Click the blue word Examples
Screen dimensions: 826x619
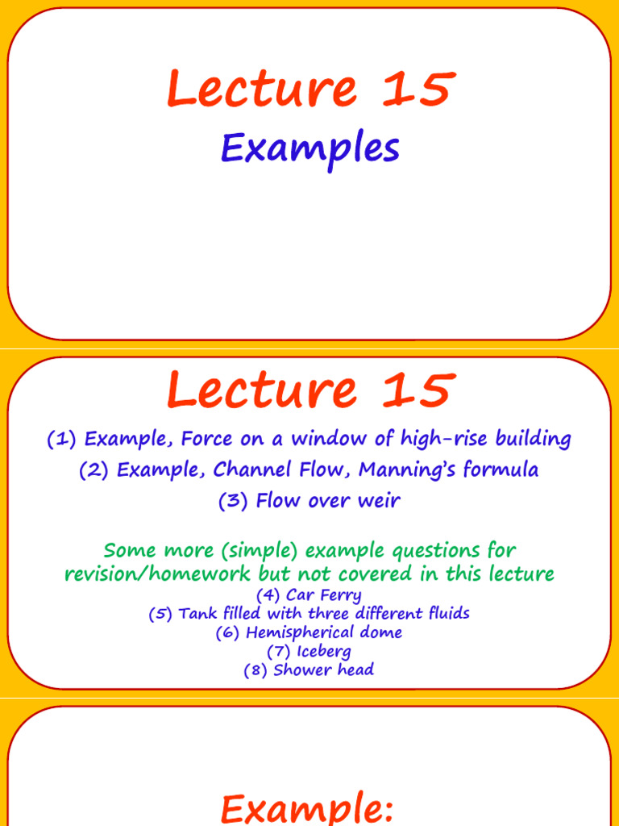(x=309, y=150)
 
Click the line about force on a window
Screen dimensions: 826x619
(x=309, y=440)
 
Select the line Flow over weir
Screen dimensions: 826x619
(x=309, y=500)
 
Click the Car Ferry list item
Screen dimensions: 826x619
(x=309, y=596)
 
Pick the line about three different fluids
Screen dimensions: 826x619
(x=309, y=614)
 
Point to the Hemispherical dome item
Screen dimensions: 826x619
(x=309, y=632)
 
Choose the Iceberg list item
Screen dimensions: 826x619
(x=309, y=651)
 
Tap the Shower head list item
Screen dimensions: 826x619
(x=309, y=670)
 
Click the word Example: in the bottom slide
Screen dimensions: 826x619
(x=309, y=808)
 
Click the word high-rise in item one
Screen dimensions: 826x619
(x=442, y=440)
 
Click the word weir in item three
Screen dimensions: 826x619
(x=379, y=500)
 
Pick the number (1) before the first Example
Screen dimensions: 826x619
(x=62, y=440)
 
